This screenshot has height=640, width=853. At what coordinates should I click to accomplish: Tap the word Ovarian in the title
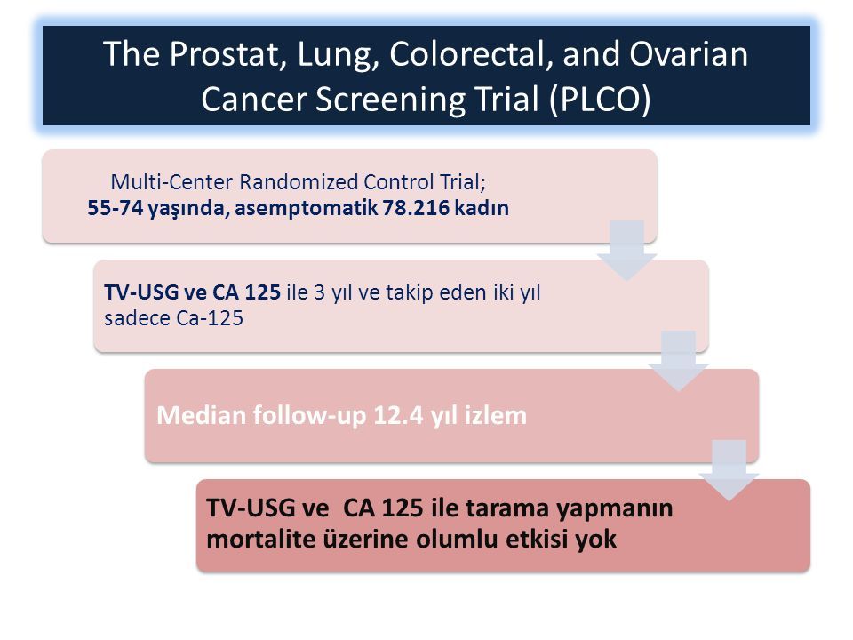point(689,54)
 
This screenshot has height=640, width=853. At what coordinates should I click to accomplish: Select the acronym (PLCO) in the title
point(600,100)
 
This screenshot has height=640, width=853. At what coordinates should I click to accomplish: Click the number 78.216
point(416,208)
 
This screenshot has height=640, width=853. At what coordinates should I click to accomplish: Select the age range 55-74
point(116,208)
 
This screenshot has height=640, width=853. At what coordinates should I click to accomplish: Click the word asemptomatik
point(306,208)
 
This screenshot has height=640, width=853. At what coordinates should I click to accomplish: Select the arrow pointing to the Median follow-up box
point(678,360)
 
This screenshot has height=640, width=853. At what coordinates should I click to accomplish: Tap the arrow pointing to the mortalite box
point(729,470)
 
